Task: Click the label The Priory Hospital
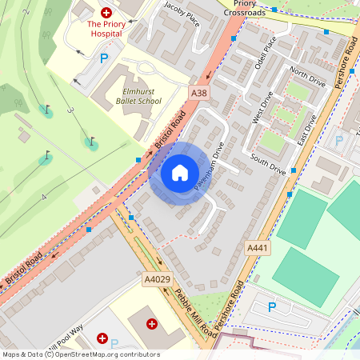coord(106,30)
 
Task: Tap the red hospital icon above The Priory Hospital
coord(106,12)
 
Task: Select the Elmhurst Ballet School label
coord(131,96)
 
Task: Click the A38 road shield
coord(199,94)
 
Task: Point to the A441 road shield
coord(258,248)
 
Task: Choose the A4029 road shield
coord(156,279)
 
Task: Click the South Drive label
coord(267,164)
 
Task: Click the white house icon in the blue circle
coord(180,173)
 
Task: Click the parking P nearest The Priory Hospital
coord(103,58)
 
